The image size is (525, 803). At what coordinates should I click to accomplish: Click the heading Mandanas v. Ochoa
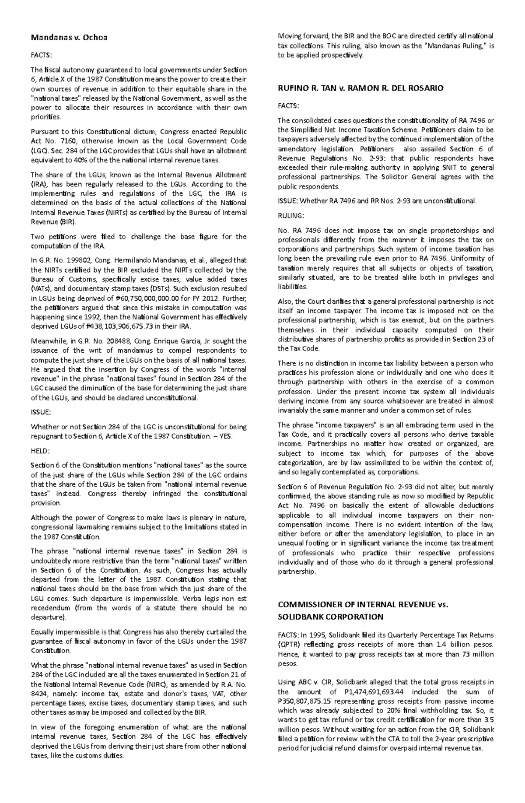coord(69,38)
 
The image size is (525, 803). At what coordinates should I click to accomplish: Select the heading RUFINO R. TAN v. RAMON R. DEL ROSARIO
coord(360,88)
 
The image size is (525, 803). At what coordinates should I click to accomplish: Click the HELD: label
coord(40,451)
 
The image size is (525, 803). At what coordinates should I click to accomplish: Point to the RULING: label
coord(290,215)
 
